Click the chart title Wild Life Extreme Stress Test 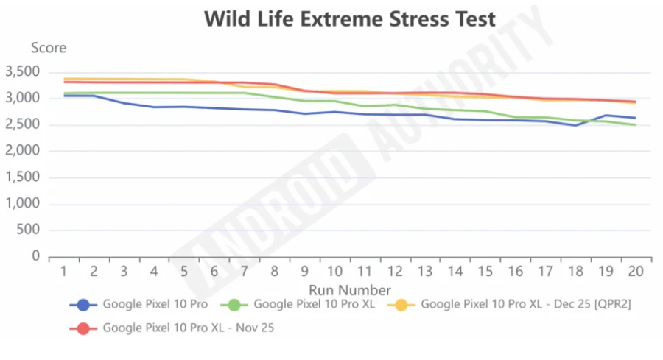pyautogui.click(x=350, y=18)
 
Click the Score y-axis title pyautogui.click(x=49, y=48)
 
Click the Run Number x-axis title pyautogui.click(x=350, y=289)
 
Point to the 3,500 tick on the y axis pyautogui.click(x=21, y=72)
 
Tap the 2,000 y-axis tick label pyautogui.click(x=21, y=152)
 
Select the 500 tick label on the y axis pyautogui.click(x=27, y=230)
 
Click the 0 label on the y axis pyautogui.click(x=34, y=257)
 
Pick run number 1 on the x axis pyautogui.click(x=63, y=271)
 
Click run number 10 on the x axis pyautogui.click(x=334, y=271)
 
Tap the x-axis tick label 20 pyautogui.click(x=636, y=271)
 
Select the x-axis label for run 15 pyautogui.click(x=485, y=271)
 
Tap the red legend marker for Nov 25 pyautogui.click(x=83, y=328)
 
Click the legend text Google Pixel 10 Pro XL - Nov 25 pyautogui.click(x=188, y=328)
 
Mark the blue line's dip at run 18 pyautogui.click(x=575, y=125)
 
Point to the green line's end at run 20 pyautogui.click(x=636, y=125)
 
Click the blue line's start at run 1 pyautogui.click(x=63, y=96)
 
